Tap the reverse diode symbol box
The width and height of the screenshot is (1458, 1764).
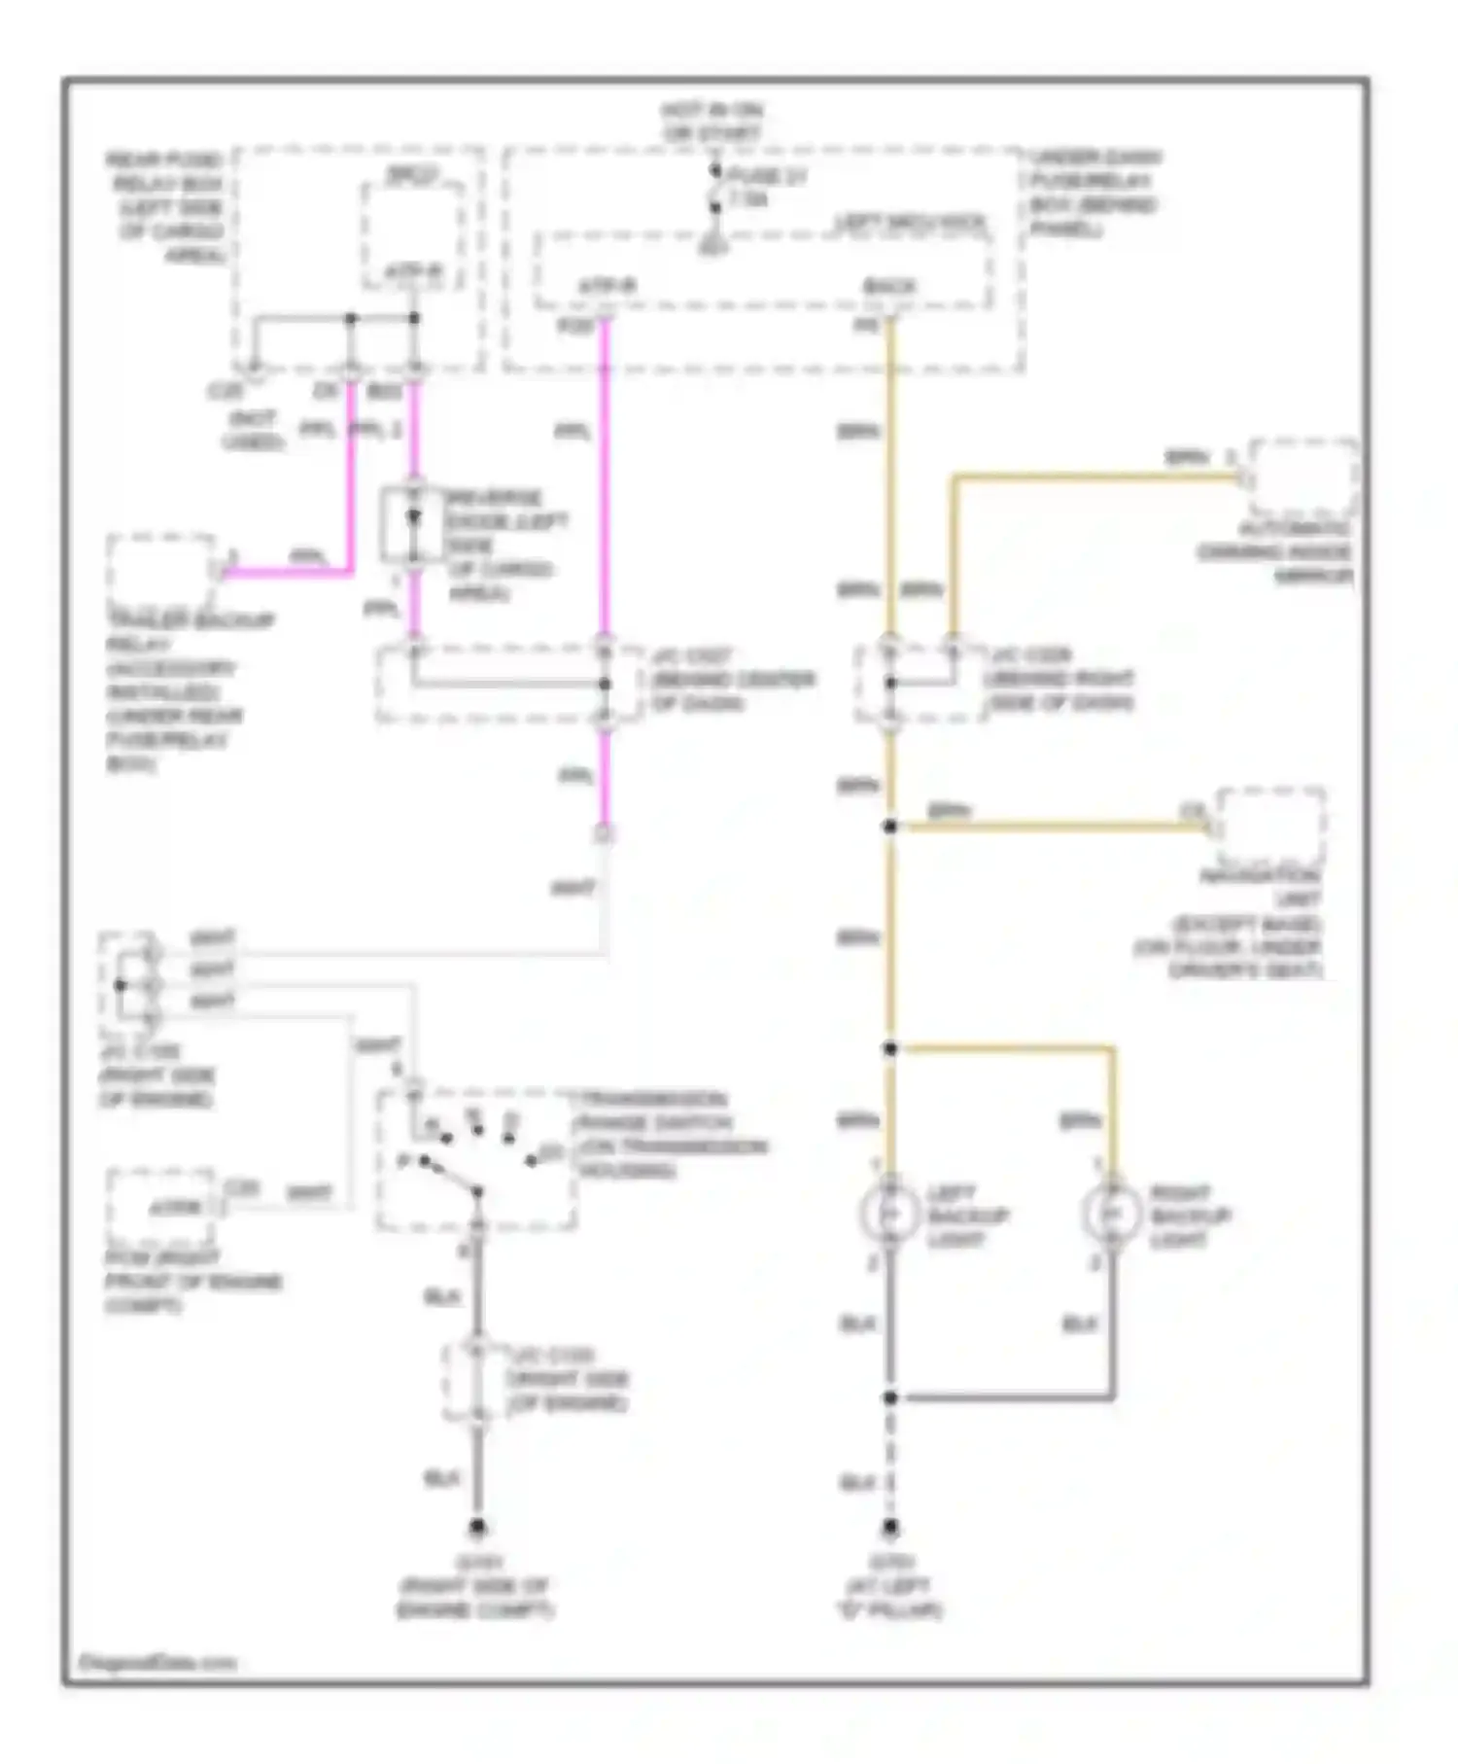pyautogui.click(x=413, y=524)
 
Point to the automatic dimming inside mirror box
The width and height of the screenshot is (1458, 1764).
pyautogui.click(x=1303, y=477)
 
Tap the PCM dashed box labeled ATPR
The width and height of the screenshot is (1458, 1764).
pyautogui.click(x=161, y=1206)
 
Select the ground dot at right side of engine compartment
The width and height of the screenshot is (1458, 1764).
pyautogui.click(x=477, y=1528)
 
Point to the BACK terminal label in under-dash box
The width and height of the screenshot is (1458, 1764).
pyautogui.click(x=889, y=287)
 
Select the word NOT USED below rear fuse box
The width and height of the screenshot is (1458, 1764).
pyautogui.click(x=253, y=430)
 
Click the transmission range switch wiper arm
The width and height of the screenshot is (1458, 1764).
pyautogui.click(x=450, y=1175)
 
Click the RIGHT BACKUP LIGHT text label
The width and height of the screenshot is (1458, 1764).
pyautogui.click(x=1190, y=1216)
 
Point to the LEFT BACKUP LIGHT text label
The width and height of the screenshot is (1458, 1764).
pyautogui.click(x=968, y=1216)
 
